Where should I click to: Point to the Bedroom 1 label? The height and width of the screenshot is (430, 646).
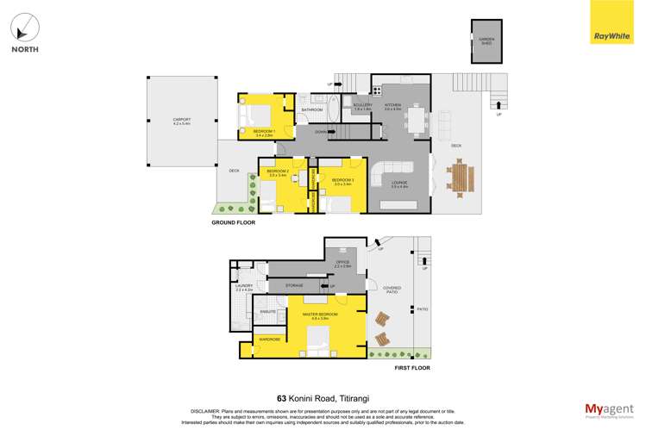263,132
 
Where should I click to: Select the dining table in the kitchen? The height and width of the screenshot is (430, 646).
417,120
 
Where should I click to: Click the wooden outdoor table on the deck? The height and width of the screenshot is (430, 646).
461,179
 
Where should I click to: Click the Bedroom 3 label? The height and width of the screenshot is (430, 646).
343,181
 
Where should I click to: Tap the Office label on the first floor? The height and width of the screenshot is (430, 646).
342,263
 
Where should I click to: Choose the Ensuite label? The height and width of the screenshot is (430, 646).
267,311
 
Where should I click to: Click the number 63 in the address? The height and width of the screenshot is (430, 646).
282,398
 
